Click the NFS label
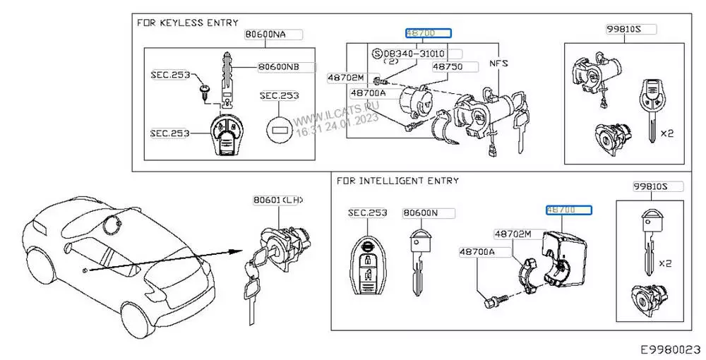[498, 63]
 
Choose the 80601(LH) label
[277, 200]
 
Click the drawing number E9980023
[670, 349]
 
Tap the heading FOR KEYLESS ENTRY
[188, 23]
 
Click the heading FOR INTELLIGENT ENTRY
[398, 181]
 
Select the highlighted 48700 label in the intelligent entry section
[569, 210]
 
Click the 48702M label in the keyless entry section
[345, 78]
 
